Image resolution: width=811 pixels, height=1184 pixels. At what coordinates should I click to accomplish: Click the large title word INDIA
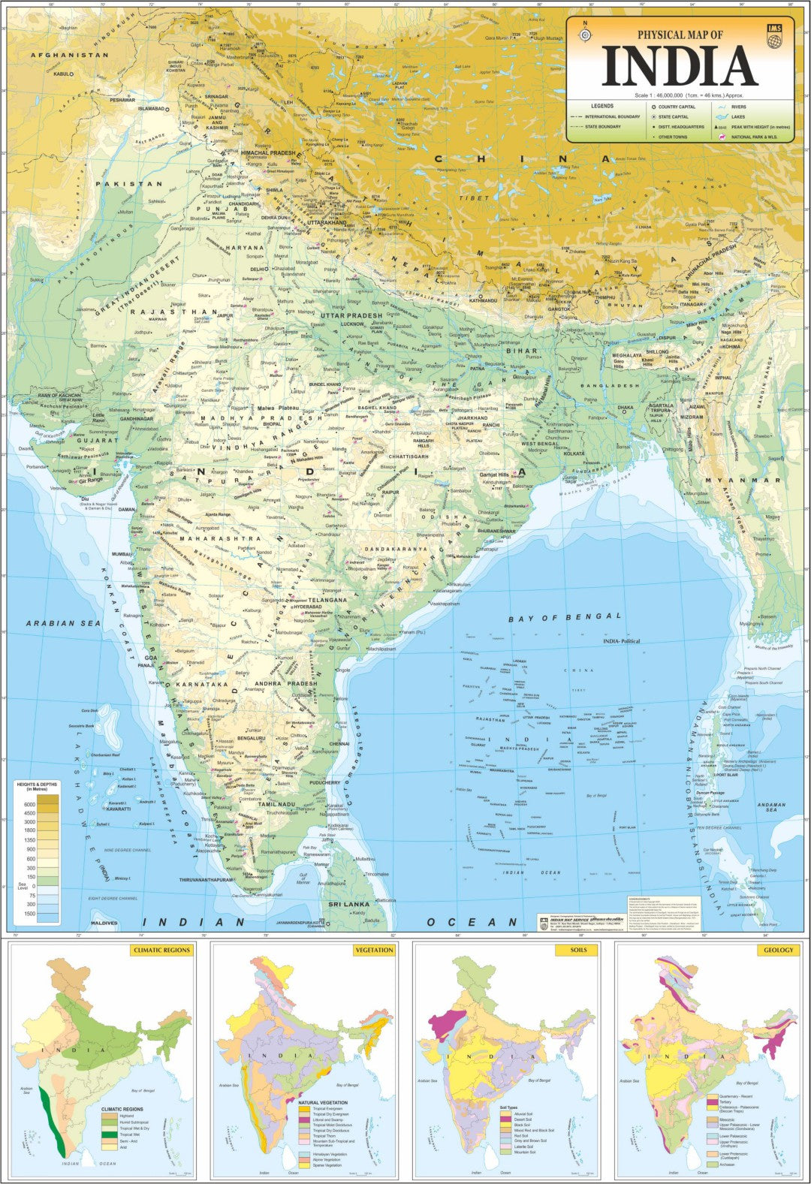680,65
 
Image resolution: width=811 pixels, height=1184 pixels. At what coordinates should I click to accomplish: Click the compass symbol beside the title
585,35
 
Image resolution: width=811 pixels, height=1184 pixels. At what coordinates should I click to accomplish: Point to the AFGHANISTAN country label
69,56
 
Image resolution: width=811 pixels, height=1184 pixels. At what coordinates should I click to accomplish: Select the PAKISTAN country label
133,184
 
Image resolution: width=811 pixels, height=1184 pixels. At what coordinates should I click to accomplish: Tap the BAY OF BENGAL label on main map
565,617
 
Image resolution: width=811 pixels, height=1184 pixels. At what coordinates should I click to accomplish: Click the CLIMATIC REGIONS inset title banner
161,950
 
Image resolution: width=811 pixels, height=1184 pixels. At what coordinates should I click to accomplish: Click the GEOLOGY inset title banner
778,950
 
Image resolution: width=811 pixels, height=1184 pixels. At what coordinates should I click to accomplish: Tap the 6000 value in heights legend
29,804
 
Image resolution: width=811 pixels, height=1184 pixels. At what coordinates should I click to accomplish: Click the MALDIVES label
104,923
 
